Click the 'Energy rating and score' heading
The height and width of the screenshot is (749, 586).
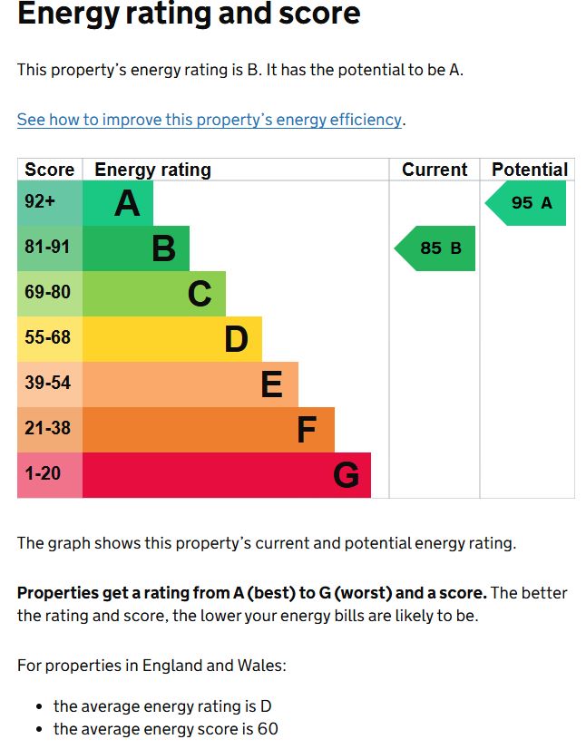[x=189, y=15]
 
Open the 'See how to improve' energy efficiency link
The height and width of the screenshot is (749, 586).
[x=209, y=120]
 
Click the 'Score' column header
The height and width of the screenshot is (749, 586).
[x=50, y=170]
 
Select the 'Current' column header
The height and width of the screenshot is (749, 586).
[x=435, y=170]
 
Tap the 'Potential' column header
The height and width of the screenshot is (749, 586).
[x=529, y=170]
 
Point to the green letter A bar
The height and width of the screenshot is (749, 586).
[x=118, y=203]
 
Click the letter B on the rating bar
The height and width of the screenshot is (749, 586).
[x=163, y=248]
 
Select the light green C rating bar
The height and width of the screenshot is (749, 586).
[x=154, y=294]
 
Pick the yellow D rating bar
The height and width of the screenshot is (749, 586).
[x=172, y=339]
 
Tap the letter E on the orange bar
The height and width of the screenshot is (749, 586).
[x=271, y=384]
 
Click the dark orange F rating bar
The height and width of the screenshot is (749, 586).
[x=209, y=430]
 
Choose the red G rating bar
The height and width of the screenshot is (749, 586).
[x=227, y=475]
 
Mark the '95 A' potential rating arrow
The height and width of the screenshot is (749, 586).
[x=528, y=203]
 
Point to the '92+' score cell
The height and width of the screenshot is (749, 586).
[x=40, y=203]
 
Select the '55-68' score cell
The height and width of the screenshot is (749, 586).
[x=48, y=339]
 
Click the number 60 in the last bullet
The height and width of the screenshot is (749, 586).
[x=267, y=729]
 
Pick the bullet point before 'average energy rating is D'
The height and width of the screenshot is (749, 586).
[x=39, y=706]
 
